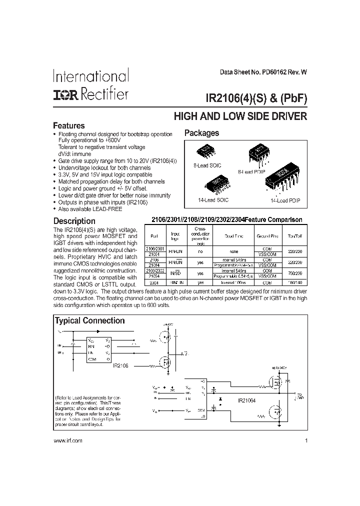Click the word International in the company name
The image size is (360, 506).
91,76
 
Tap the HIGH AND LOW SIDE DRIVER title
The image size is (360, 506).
240,117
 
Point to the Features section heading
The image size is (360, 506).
69,126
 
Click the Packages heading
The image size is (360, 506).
201,133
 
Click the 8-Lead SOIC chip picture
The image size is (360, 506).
207,151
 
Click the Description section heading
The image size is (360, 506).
74,220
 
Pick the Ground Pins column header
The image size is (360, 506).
267,235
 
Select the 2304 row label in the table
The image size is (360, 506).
155,282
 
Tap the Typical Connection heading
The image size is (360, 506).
89,321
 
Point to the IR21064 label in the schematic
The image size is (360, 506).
247,400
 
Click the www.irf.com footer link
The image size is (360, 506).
67,440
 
